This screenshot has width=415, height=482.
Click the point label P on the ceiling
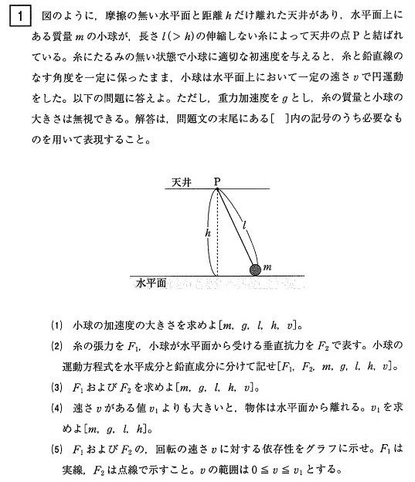point(217,182)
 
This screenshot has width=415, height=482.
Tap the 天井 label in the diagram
point(183,183)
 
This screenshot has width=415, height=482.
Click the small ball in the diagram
point(255,270)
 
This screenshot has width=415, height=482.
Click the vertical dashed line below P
point(218,239)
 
